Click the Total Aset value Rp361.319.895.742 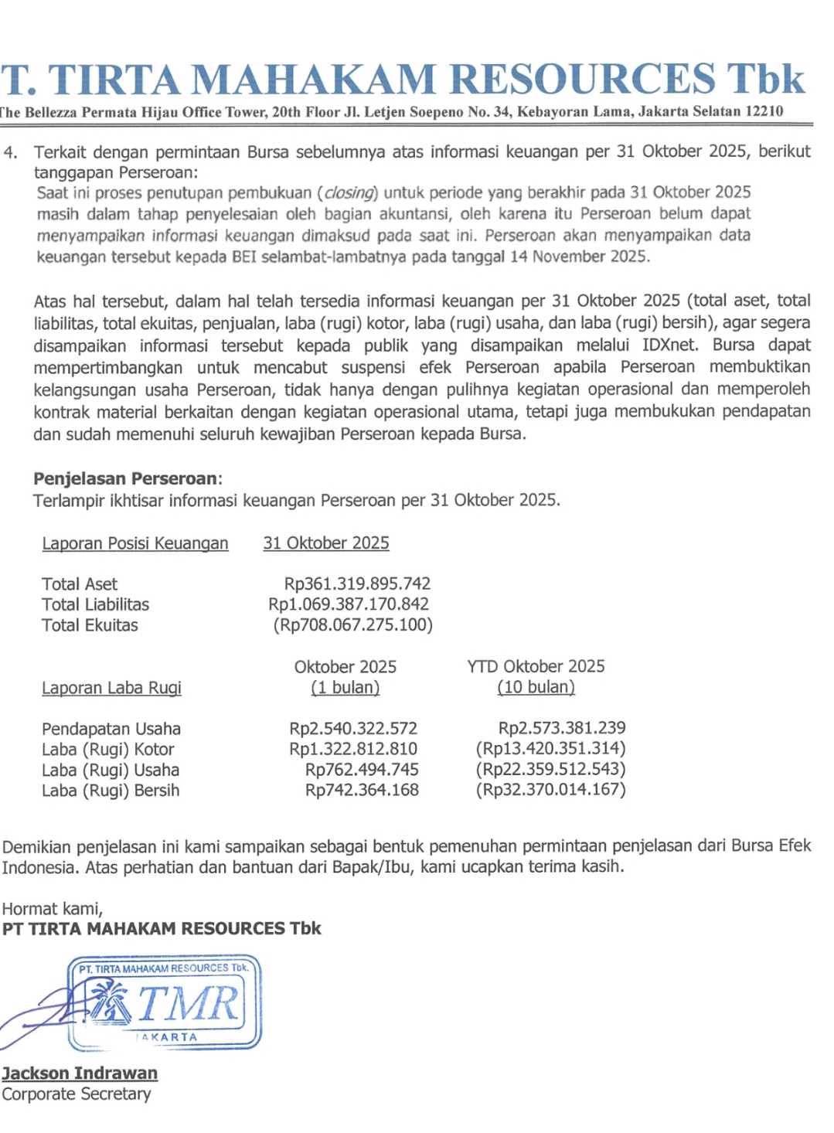coord(357,584)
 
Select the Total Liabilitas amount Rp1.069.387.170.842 coord(349,604)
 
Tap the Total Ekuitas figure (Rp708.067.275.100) coord(352,624)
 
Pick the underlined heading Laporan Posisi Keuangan coord(135,543)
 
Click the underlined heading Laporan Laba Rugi coord(111,688)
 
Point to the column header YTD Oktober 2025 coord(536,666)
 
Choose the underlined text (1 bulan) coord(345,687)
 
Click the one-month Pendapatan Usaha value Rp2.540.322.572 coord(353,728)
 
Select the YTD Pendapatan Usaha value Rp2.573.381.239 coord(562,727)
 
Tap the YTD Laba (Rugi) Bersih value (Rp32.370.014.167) coord(550,789)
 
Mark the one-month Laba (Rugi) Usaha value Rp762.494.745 coord(362,769)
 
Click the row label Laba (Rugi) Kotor coord(108,749)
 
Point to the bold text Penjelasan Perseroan coord(125,478)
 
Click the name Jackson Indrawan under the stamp coord(80,1073)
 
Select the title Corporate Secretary coord(77,1094)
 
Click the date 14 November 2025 coord(578,257)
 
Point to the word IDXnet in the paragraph coord(669,345)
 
